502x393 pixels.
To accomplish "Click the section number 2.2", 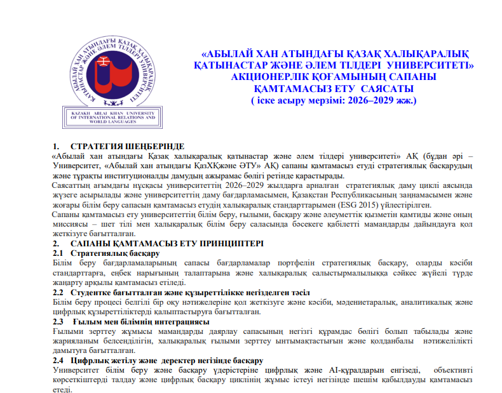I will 58,293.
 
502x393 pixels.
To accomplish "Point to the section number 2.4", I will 58,361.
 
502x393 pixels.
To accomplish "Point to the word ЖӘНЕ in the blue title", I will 290,65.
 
